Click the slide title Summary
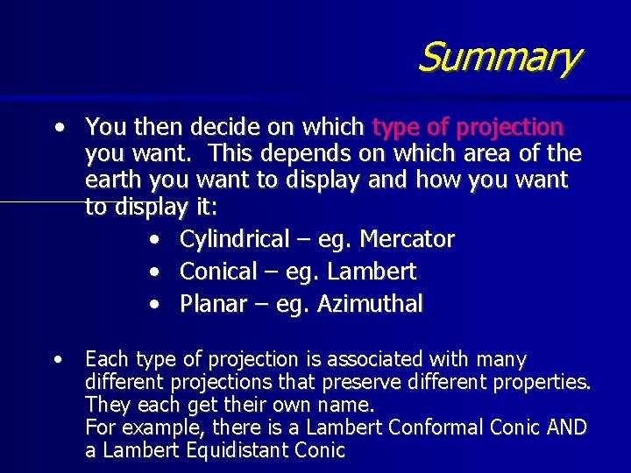click(x=498, y=58)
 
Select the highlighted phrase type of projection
click(x=468, y=128)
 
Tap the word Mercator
click(x=408, y=239)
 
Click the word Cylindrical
click(x=234, y=239)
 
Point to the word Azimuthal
click(x=370, y=304)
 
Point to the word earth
click(x=115, y=180)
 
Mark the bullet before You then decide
click(x=57, y=128)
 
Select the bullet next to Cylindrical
click(x=153, y=239)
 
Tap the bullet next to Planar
click(x=153, y=304)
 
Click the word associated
click(x=380, y=359)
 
